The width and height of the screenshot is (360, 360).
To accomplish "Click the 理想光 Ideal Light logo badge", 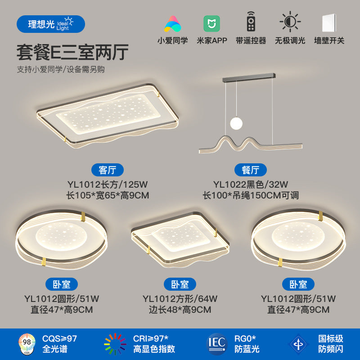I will (x=50, y=23).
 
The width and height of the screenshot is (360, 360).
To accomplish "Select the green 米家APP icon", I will (x=212, y=22).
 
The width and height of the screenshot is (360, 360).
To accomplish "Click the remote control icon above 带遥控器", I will (x=251, y=22).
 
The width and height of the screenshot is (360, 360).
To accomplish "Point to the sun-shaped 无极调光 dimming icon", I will (x=290, y=22).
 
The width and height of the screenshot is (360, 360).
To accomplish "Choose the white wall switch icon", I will (x=329, y=22).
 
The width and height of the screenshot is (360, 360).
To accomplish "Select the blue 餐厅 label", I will (x=251, y=170).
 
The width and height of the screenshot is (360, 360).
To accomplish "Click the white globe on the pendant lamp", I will (x=236, y=122).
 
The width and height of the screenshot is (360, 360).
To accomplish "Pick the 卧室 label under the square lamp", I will (x=180, y=284).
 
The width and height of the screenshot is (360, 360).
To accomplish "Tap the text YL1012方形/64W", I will (x=180, y=298).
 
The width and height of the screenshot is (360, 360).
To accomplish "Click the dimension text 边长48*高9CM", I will (x=180, y=310).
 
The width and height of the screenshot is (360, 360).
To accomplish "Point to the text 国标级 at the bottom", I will (x=331, y=338).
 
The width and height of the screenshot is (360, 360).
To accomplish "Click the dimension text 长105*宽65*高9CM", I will (x=108, y=195).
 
